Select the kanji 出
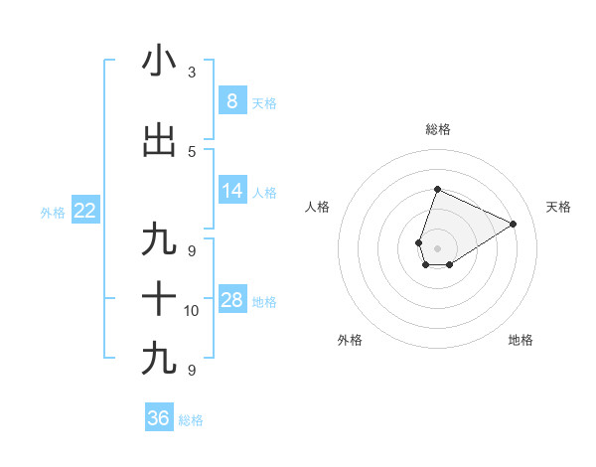tap(159, 141)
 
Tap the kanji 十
tap(159, 298)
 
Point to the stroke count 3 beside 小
tap(192, 73)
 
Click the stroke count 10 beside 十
tap(192, 311)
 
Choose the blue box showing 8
tap(231, 100)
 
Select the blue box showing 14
tap(231, 191)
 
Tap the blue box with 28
tap(231, 301)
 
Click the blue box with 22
tap(84, 210)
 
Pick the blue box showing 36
tap(158, 418)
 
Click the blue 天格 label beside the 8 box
tap(264, 102)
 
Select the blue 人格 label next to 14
tap(264, 193)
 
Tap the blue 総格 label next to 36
tap(191, 420)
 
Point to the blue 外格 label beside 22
tap(53, 212)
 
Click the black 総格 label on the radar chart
tap(437, 129)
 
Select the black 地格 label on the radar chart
tap(521, 340)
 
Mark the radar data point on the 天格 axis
tap(514, 224)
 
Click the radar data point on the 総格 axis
tap(437, 189)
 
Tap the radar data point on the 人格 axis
tap(418, 242)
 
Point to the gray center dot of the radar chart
tap(437, 248)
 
